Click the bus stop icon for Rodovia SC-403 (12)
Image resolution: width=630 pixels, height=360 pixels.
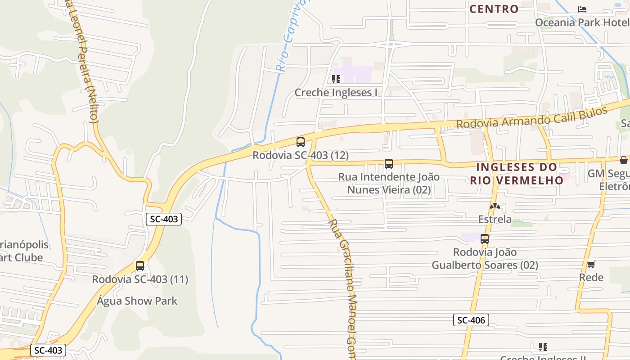[301, 142]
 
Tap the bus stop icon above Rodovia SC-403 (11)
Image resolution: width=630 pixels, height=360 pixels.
[140, 266]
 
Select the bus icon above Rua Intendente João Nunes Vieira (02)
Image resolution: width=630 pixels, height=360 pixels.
[389, 164]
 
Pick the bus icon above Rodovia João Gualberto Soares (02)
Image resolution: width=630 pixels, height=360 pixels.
[485, 239]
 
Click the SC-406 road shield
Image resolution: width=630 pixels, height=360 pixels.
[471, 320]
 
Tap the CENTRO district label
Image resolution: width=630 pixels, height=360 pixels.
[494, 9]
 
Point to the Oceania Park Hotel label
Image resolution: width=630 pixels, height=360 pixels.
[582, 22]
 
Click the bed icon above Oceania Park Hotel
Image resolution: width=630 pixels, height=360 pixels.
[582, 9]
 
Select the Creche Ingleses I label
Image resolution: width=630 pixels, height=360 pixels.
[336, 93]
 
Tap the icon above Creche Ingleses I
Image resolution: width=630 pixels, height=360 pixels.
[336, 80]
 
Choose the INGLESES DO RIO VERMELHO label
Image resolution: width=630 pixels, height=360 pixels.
[517, 174]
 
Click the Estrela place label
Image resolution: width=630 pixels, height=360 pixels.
[495, 219]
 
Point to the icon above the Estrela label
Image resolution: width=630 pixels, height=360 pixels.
[495, 206]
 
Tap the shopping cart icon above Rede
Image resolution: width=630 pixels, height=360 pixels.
[591, 264]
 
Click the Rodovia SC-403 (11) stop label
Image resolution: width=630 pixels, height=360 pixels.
[140, 279]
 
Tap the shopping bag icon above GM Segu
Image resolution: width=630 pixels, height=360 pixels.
[624, 160]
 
